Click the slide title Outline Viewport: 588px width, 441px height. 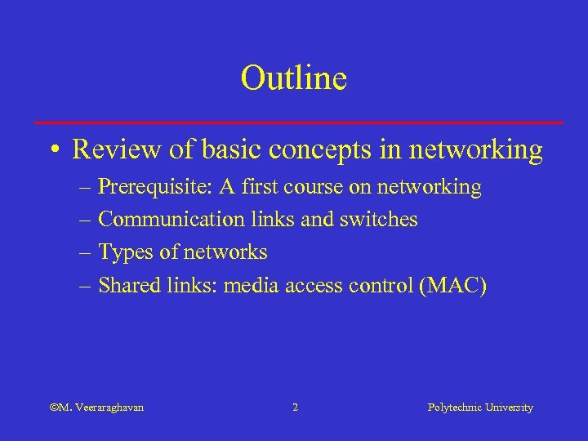[294, 78]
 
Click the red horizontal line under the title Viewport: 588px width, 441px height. [300, 122]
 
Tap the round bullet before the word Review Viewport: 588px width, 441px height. [53, 150]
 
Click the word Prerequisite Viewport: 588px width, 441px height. [153, 188]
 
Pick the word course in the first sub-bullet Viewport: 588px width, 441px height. [313, 188]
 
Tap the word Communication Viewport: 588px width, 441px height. [171, 220]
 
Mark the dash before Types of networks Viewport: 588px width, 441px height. [87, 253]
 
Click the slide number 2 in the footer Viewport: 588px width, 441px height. [295, 407]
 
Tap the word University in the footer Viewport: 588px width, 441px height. [509, 407]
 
